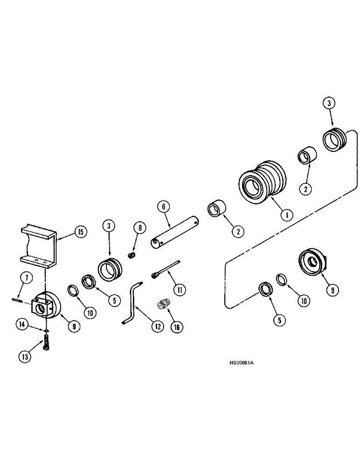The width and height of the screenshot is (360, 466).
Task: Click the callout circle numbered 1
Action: pos(286,215)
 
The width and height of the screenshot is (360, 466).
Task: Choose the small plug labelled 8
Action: pos(132,255)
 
